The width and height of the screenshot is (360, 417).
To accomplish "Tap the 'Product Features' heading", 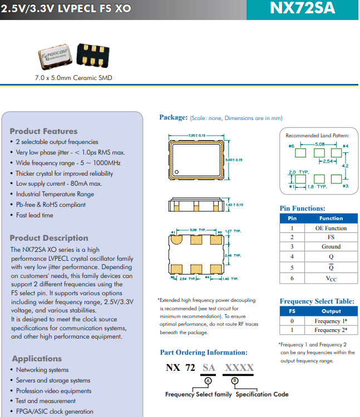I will coord(43,131).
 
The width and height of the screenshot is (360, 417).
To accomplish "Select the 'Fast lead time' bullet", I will coord(34,215).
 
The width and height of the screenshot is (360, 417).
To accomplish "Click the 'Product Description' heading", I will coord(49,238).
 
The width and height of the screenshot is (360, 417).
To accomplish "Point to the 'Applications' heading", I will coord(37,359).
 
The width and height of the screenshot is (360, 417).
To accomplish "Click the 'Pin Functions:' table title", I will coord(302,209).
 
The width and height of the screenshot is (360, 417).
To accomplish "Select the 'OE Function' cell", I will coord(331,228).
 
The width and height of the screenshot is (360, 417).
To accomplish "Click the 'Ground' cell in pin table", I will coord(331,246).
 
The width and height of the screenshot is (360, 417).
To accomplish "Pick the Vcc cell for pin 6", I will coord(331,278).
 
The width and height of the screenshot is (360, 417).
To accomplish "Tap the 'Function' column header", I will coord(331,219).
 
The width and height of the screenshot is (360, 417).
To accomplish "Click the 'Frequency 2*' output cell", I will coord(331,330).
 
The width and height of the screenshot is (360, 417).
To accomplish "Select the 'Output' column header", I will coord(331,311).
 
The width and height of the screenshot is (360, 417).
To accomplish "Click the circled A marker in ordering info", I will coord(208,380).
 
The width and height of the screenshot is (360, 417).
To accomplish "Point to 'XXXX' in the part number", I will coord(239,368).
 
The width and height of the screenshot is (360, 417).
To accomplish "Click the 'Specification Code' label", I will coord(262,394).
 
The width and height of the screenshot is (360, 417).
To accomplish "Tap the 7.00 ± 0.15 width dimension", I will coord(196,136).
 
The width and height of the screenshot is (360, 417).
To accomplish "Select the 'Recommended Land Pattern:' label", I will coord(317,135).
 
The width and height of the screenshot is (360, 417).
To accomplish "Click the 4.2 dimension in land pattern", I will coord(345,166).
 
